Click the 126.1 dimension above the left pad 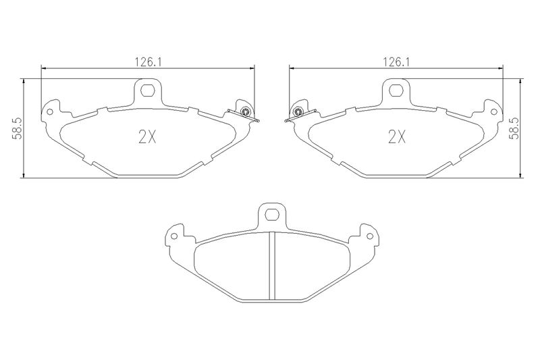point(148,62)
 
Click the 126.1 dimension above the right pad point(397,62)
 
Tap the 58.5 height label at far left point(18,128)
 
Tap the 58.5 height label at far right point(514,128)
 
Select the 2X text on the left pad point(147,138)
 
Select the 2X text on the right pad point(396,138)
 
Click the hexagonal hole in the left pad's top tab point(148,91)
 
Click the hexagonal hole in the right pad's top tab point(396,91)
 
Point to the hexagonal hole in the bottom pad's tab point(272,215)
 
